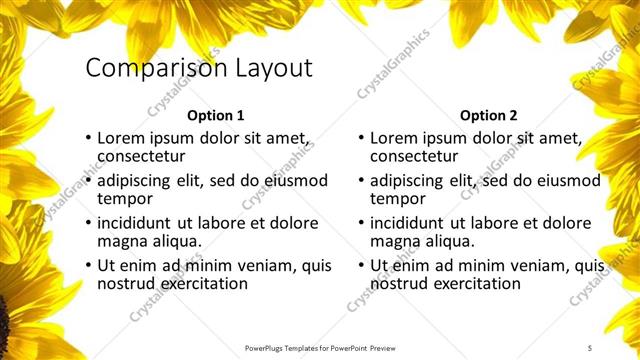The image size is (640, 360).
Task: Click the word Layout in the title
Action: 272,69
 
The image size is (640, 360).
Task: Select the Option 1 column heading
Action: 215,115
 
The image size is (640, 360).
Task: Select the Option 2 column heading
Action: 488,115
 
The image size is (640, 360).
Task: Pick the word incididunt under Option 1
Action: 136,223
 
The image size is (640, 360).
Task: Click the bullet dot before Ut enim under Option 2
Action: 360,266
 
